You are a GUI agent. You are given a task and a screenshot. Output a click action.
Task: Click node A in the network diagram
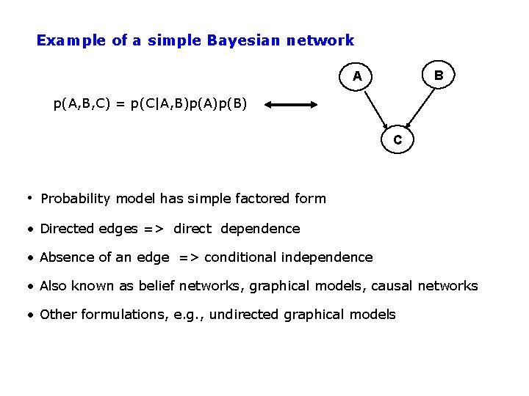click(x=357, y=76)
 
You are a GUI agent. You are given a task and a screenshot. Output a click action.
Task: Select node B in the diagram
click(x=438, y=75)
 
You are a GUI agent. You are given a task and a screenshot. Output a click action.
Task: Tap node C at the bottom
click(x=397, y=139)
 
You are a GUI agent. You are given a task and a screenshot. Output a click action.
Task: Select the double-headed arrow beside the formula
click(x=291, y=105)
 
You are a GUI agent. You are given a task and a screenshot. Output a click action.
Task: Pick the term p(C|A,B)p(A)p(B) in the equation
click(x=190, y=104)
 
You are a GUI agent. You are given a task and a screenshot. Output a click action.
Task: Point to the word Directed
click(x=67, y=229)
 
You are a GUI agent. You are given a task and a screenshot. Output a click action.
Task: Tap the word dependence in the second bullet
click(x=260, y=229)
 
